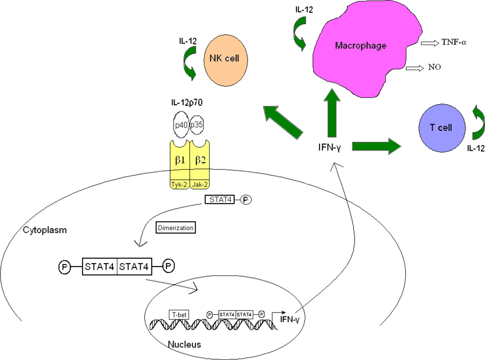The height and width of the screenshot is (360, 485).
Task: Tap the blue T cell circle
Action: click(435, 128)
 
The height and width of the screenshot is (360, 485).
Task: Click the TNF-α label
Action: click(454, 43)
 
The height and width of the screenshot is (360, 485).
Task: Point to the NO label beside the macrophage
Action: click(435, 67)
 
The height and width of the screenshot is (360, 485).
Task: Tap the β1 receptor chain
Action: click(180, 159)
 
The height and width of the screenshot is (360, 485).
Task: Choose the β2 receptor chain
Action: click(200, 159)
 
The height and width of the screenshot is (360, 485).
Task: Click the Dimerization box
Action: click(175, 227)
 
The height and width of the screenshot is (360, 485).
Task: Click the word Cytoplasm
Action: click(45, 230)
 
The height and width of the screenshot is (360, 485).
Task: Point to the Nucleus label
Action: click(184, 344)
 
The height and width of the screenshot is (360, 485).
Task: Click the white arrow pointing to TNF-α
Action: click(429, 43)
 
